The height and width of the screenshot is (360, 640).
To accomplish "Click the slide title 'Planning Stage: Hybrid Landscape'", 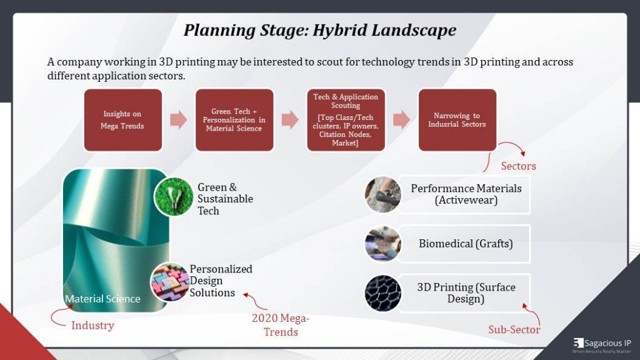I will (319, 30).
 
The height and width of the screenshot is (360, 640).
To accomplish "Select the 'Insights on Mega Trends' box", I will (122, 120).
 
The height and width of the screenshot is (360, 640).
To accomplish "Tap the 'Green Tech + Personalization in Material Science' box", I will (234, 120).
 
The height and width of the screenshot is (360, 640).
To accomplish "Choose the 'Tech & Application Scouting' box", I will (346, 120).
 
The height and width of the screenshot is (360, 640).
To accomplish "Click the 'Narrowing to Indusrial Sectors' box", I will (457, 120).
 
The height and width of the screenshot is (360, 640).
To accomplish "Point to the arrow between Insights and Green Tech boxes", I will (179, 120).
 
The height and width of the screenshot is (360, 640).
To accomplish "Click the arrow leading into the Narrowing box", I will (401, 120).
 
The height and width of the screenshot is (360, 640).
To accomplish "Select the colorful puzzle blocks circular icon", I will (169, 282).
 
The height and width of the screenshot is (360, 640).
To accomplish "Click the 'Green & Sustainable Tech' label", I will (225, 199).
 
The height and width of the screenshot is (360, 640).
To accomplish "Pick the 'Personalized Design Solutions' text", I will (221, 281).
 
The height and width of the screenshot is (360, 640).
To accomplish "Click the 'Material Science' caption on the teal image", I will (102, 299).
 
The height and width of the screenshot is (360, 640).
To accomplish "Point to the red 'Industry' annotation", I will (92, 325).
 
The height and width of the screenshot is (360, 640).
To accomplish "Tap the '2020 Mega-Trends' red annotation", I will (281, 325).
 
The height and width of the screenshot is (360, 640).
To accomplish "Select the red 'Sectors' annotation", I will (518, 166).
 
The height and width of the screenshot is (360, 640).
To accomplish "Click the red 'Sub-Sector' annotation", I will (514, 329).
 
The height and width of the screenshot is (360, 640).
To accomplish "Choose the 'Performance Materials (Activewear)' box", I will (466, 194).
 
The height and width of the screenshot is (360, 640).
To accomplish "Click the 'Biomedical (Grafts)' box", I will (466, 244).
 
